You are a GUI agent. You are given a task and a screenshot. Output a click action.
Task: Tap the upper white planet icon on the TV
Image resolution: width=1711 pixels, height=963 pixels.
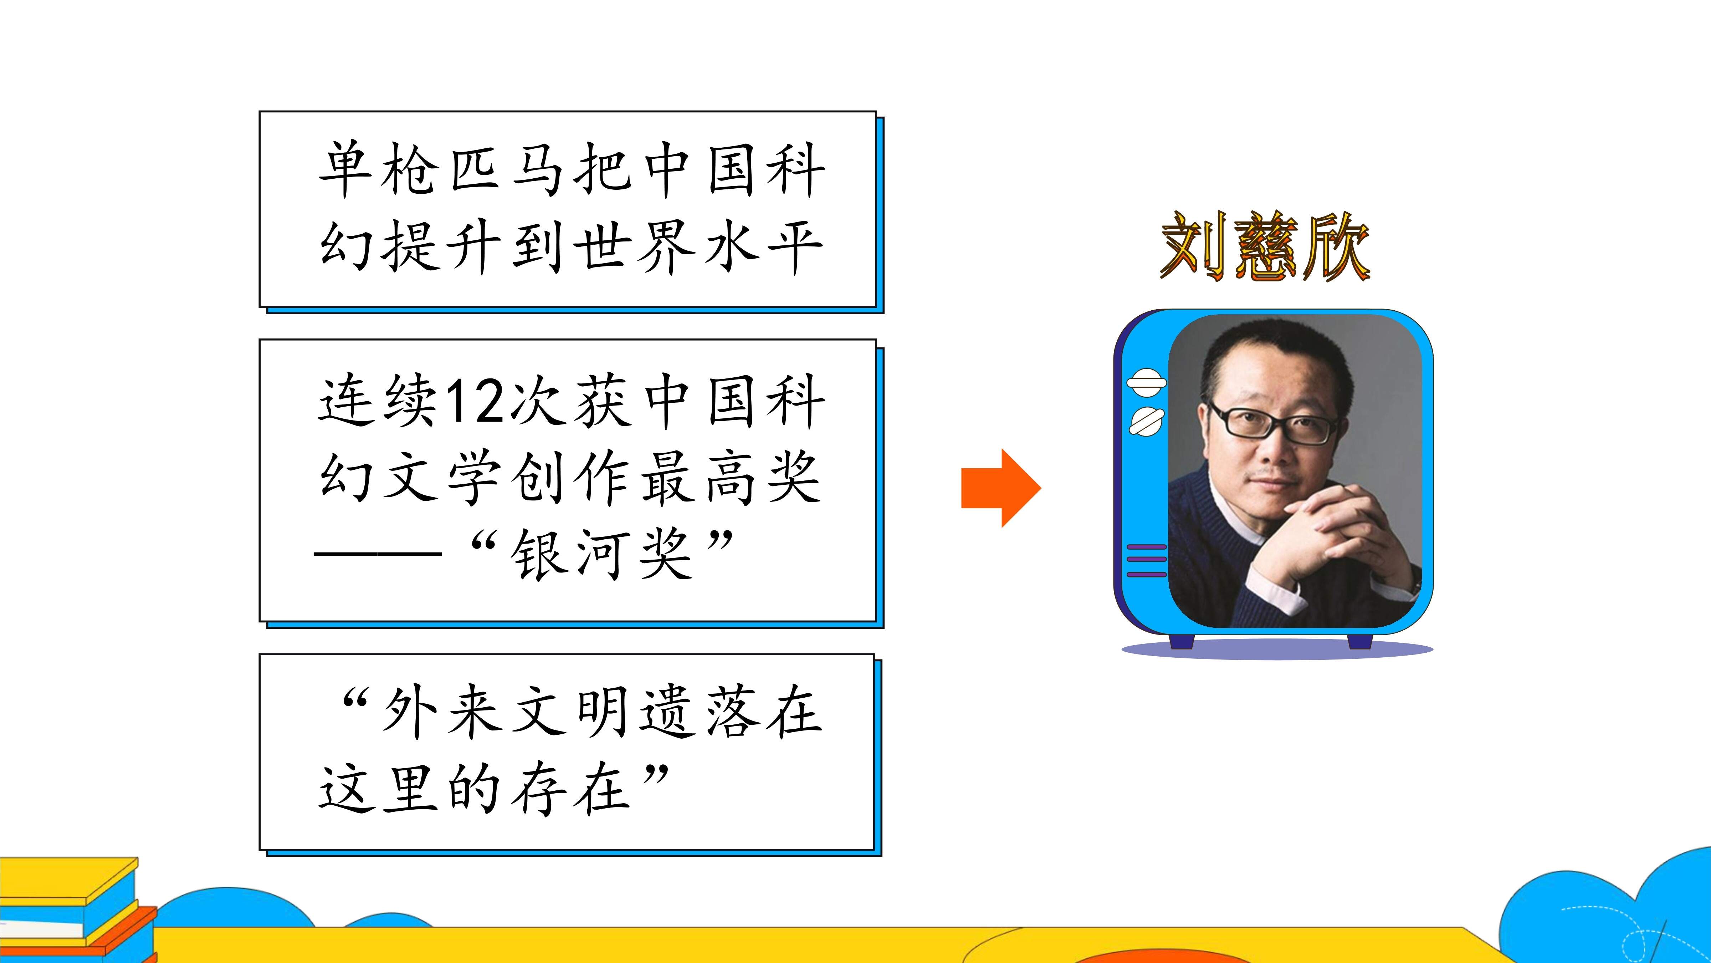click(1146, 382)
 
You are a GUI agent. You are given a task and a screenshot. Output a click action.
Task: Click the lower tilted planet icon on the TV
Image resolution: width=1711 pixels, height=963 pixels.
click(1146, 421)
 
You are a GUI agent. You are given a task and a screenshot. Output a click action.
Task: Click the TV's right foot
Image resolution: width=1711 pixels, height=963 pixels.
click(1359, 641)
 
